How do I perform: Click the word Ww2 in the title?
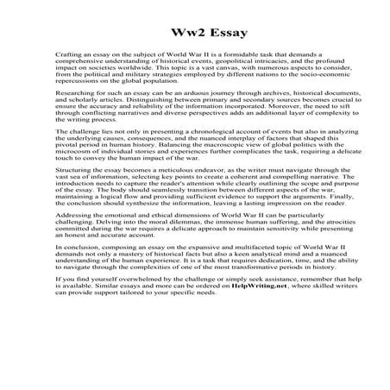point(174,35)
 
